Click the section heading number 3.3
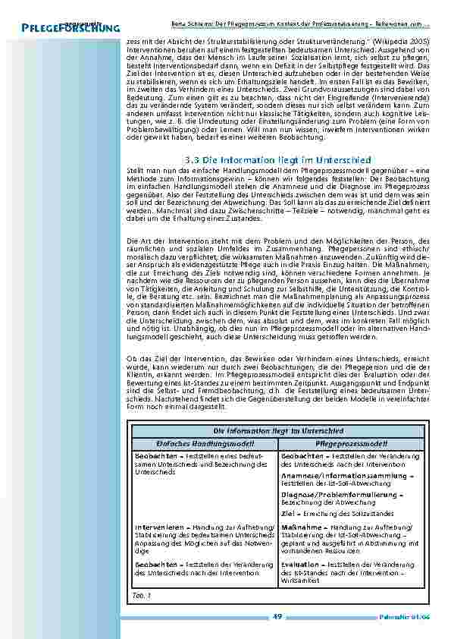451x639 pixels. pyautogui.click(x=193, y=160)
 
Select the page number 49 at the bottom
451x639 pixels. pyautogui.click(x=277, y=615)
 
